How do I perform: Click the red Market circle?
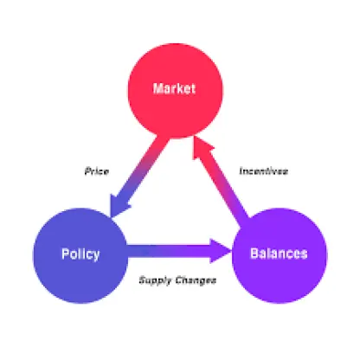click(x=175, y=91)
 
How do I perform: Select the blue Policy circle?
click(x=80, y=255)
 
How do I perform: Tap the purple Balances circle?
click(x=280, y=255)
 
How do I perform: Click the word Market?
click(x=174, y=88)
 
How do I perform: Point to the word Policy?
click(x=80, y=254)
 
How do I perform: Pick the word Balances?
click(x=279, y=254)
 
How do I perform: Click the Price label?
click(x=97, y=171)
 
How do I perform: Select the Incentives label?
click(x=264, y=171)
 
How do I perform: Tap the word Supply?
click(x=155, y=280)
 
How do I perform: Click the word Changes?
click(x=196, y=280)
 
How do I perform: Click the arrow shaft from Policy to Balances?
click(x=169, y=251)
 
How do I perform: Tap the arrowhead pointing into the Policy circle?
click(x=119, y=205)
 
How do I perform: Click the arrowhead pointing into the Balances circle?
click(x=221, y=251)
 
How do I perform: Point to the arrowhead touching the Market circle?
click(x=202, y=147)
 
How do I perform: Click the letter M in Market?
click(x=158, y=88)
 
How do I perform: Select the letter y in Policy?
click(x=96, y=256)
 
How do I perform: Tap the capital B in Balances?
click(x=254, y=254)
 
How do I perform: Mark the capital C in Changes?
click(x=179, y=280)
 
